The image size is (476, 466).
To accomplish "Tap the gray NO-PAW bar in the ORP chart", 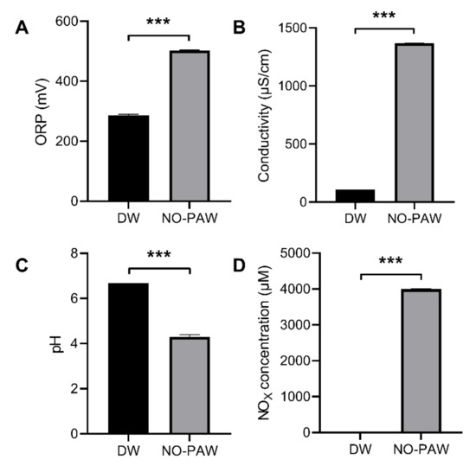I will [x=189, y=126].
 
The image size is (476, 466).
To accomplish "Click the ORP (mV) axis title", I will [x=42, y=111].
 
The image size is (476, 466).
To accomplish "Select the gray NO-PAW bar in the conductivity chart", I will [x=414, y=123].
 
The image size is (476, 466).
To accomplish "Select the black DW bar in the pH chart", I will [x=128, y=358].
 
